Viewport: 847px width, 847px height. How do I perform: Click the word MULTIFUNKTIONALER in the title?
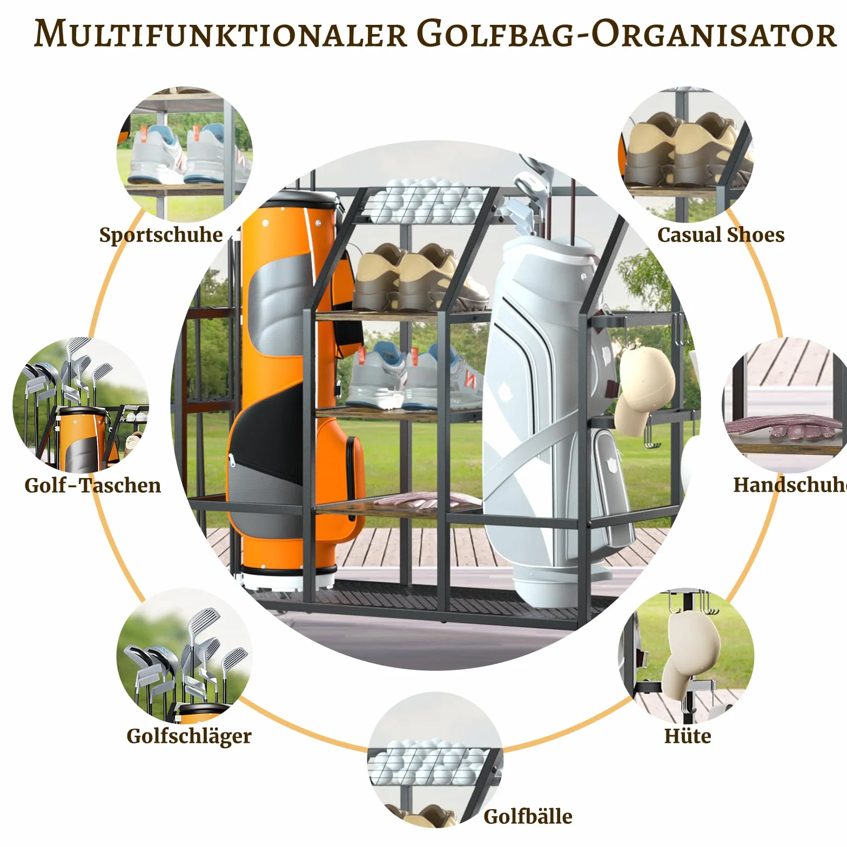coord(220,33)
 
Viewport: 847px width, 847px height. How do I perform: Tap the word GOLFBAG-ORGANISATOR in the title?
coord(627,33)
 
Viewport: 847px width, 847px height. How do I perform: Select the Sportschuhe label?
coord(161,235)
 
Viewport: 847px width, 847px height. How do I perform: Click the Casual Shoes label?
coord(721,234)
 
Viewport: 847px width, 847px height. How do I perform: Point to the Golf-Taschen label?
coord(93,485)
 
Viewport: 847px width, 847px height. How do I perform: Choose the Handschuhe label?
coord(790,485)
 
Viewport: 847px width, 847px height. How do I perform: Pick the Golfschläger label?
coord(189,736)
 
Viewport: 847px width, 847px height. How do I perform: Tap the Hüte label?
coord(688,735)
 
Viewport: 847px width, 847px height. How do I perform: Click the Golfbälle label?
coord(528,816)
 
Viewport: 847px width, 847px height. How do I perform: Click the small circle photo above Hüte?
coord(686,656)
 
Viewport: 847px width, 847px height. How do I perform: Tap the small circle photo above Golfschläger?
coord(184,656)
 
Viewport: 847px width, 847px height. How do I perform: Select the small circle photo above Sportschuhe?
coord(184,153)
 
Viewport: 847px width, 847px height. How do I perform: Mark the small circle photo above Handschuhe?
coord(786,405)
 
